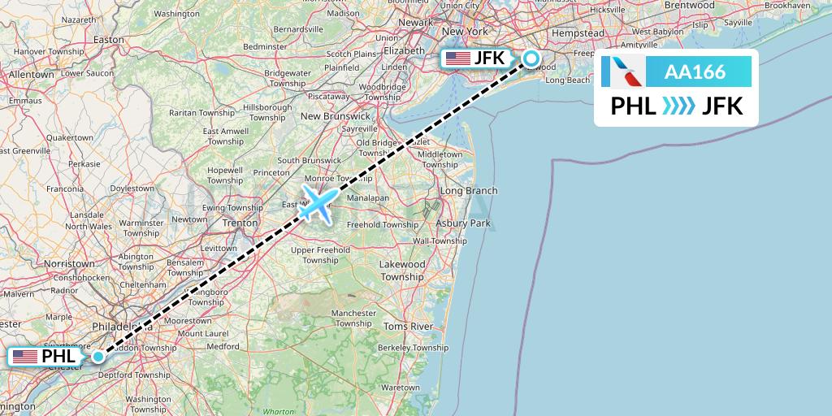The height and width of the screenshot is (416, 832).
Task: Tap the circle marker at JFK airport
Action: click(531, 58)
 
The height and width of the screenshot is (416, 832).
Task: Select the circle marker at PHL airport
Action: click(98, 356)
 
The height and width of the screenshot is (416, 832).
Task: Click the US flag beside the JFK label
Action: click(458, 58)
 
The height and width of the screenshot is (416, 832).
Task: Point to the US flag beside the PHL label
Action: click(25, 356)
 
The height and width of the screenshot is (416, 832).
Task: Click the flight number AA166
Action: click(695, 71)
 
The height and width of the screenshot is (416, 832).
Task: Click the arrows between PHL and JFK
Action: click(678, 106)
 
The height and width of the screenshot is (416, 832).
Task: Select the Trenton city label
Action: click(240, 221)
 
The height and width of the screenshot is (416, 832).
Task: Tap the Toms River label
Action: click(408, 327)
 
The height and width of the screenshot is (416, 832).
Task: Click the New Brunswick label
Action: click(336, 116)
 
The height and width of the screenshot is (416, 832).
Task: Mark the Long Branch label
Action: click(468, 191)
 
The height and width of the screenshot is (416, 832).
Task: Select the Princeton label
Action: click(271, 172)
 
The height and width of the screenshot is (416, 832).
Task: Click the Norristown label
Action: click(69, 264)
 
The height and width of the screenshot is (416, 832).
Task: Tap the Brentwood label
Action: click(688, 5)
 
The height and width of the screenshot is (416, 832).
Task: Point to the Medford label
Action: click(223, 346)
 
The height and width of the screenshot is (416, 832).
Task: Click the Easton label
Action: click(109, 39)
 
